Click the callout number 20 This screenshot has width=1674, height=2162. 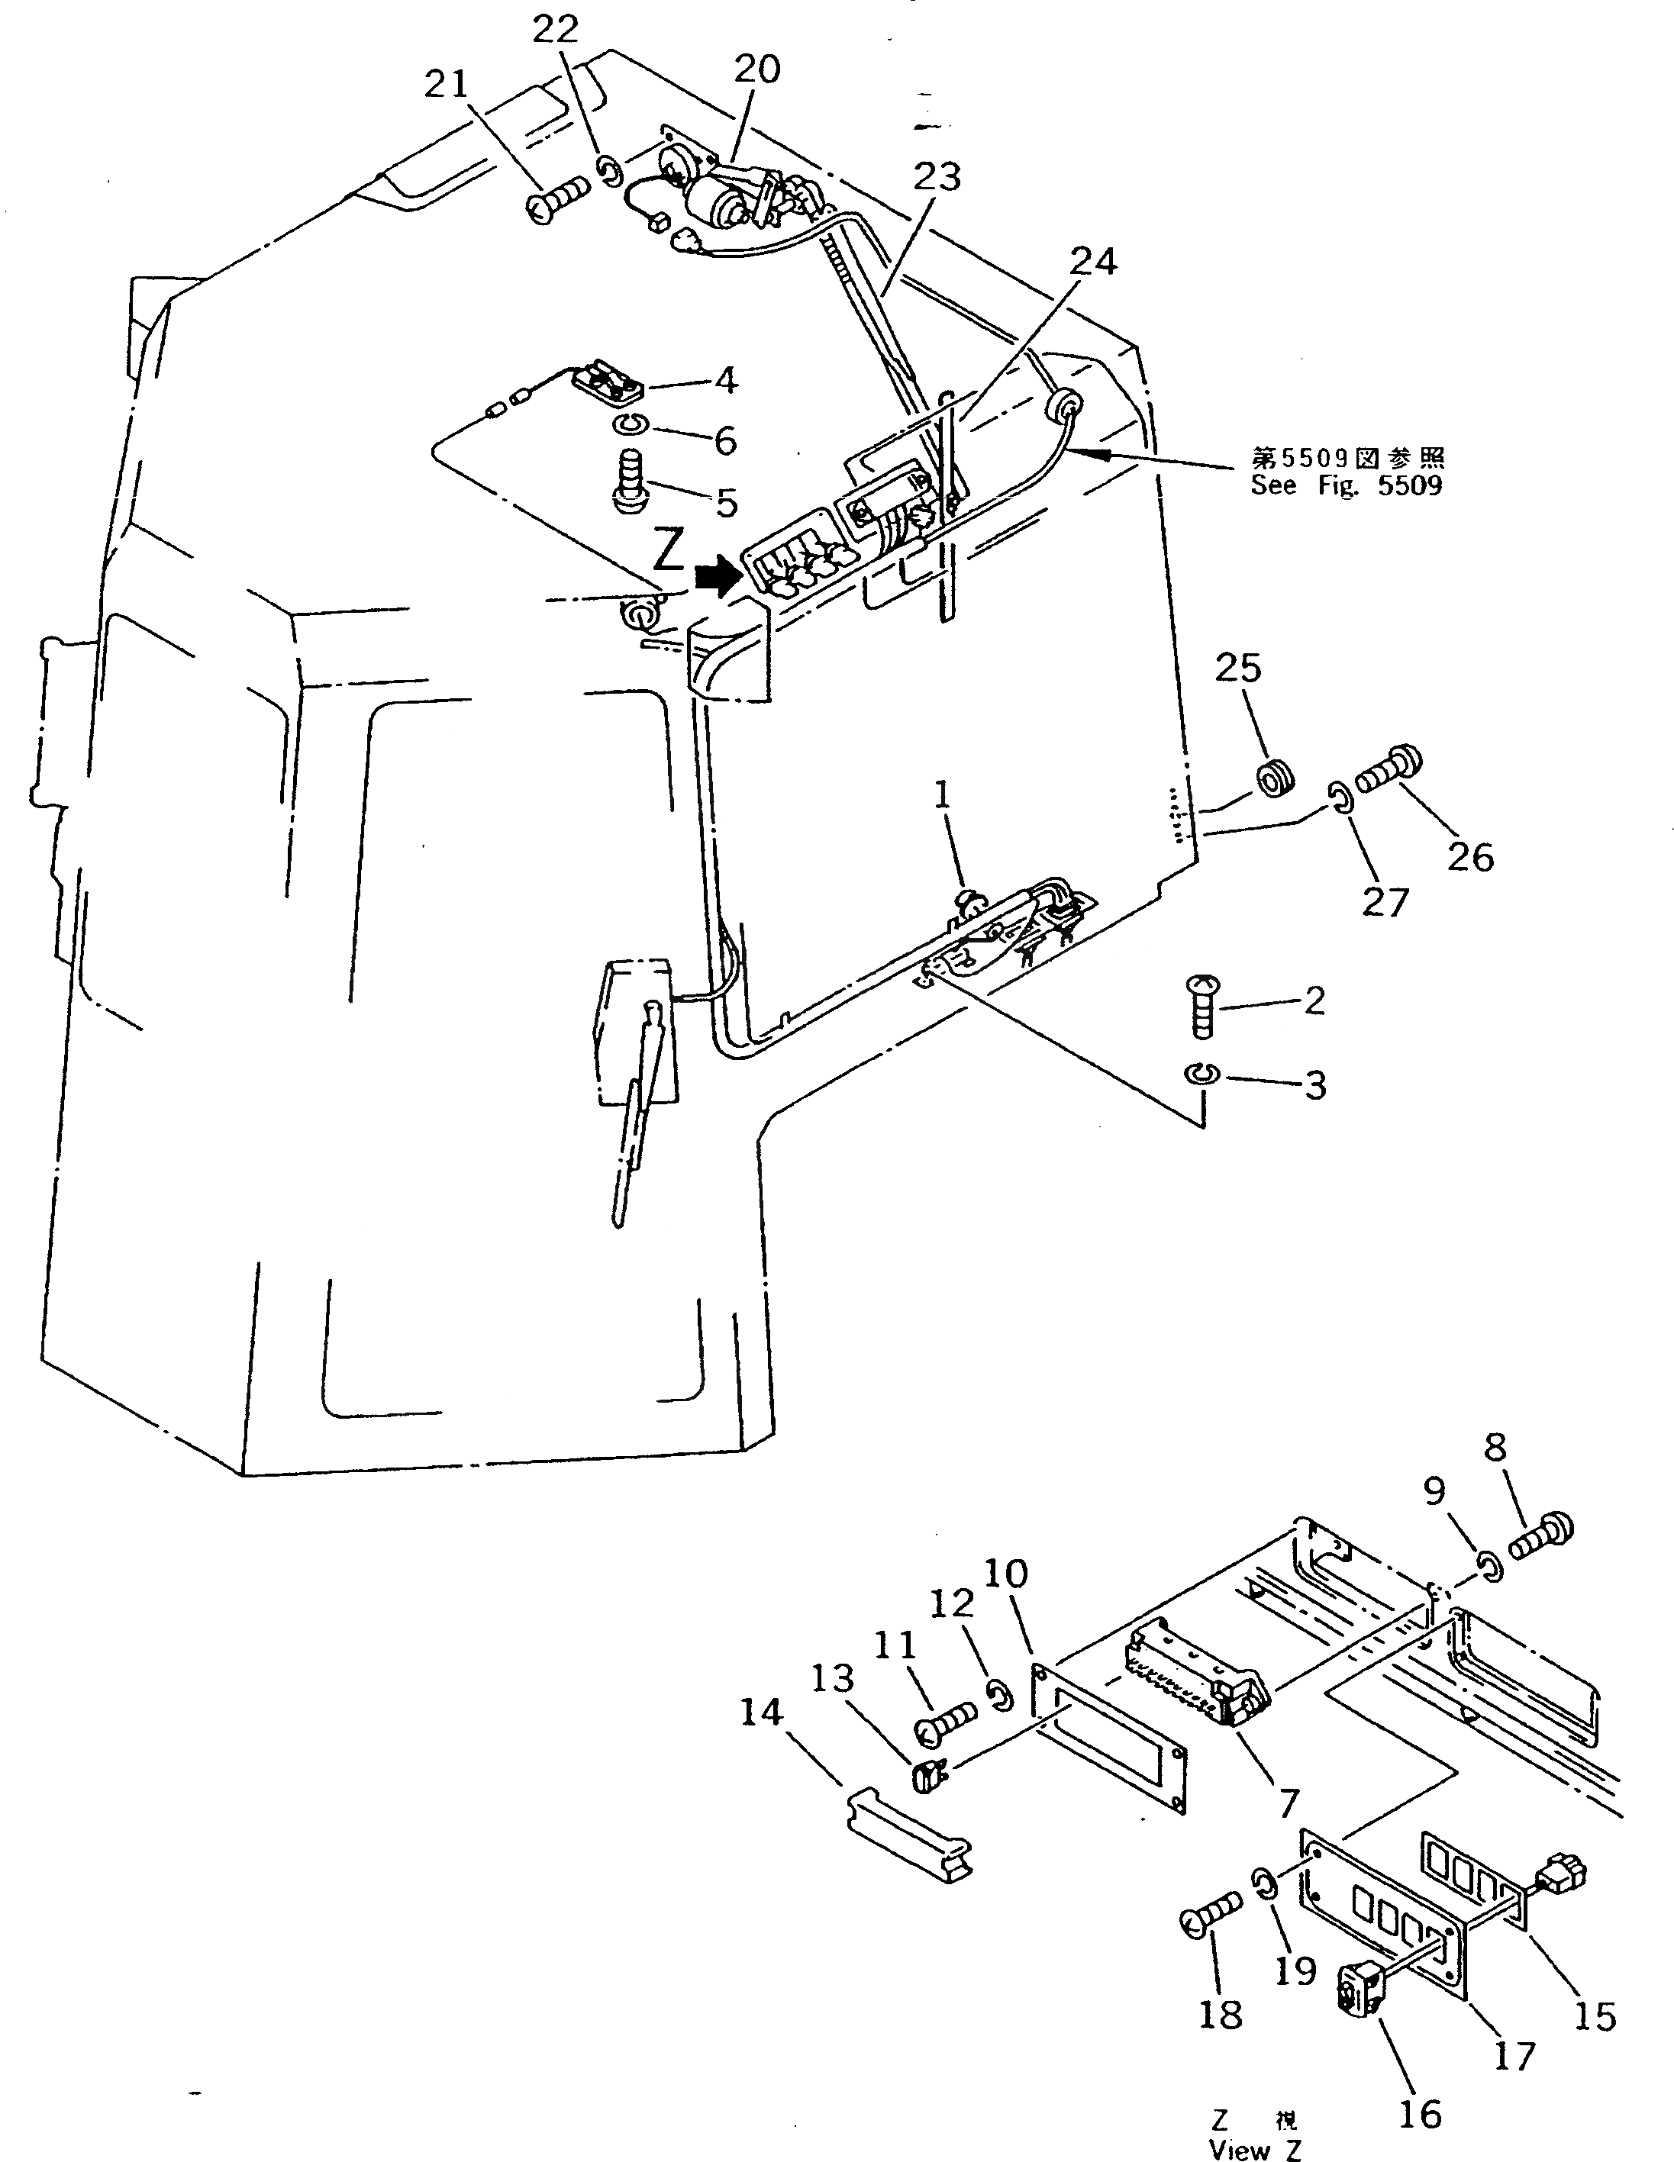(756, 69)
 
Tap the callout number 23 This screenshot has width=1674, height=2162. (937, 177)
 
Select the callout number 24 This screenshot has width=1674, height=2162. (1093, 263)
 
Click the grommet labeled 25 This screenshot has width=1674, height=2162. (1274, 778)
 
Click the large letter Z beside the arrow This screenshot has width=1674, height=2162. (668, 553)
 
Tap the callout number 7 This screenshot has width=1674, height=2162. (1287, 1803)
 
